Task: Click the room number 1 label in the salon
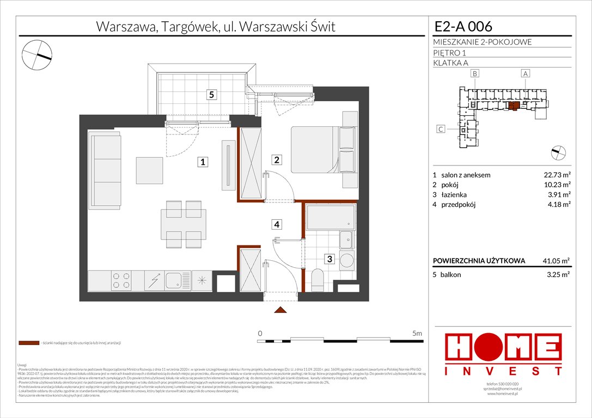(203, 162)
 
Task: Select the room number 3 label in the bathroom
(329, 260)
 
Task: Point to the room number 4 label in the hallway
(277, 224)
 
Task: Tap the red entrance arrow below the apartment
(280, 310)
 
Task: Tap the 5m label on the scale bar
(418, 333)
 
